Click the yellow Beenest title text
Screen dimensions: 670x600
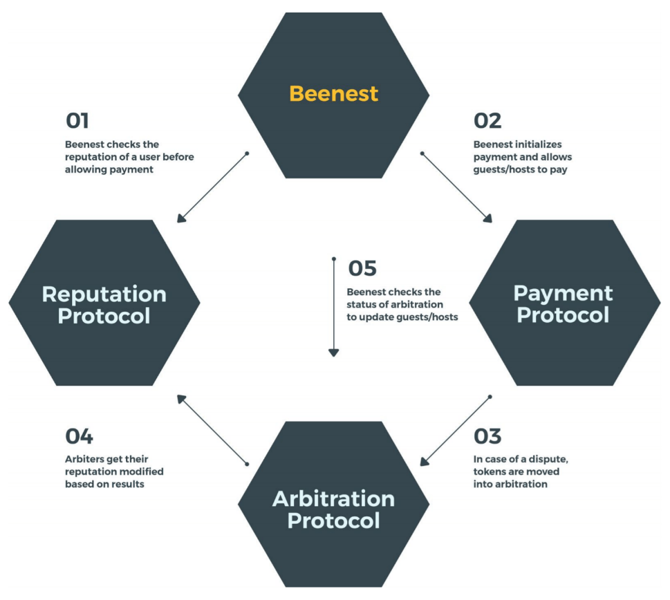333,93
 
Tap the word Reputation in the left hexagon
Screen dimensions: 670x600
104,294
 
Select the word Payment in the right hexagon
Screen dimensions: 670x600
563,293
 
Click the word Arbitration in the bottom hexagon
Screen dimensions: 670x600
333,498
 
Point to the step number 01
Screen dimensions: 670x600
77,121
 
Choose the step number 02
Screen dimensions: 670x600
487,121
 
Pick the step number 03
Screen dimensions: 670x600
487,437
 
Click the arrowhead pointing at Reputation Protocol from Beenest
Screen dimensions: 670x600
180,218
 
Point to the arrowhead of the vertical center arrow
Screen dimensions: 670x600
333,352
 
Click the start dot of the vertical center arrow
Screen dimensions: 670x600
333,260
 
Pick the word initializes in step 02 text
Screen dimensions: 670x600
537,144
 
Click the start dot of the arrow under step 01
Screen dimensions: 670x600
246,153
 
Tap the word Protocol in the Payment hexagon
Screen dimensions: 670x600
563,315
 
